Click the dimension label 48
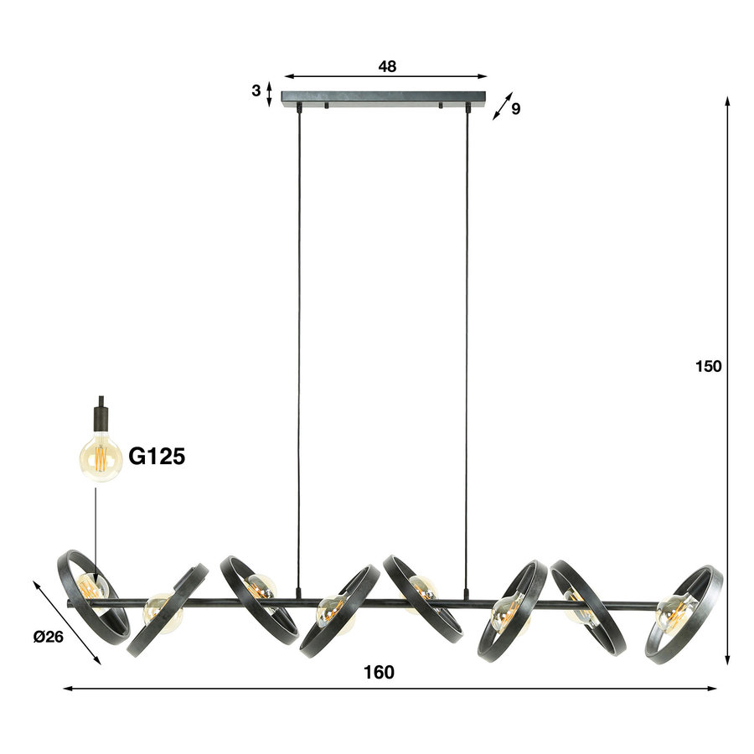click(386, 65)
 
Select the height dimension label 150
click(708, 366)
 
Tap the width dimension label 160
click(379, 672)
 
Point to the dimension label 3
click(256, 91)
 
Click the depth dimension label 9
click(515, 108)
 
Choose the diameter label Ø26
click(49, 637)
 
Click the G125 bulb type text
click(156, 456)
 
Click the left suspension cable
click(298, 335)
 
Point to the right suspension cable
click(466, 335)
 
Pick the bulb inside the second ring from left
click(162, 611)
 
